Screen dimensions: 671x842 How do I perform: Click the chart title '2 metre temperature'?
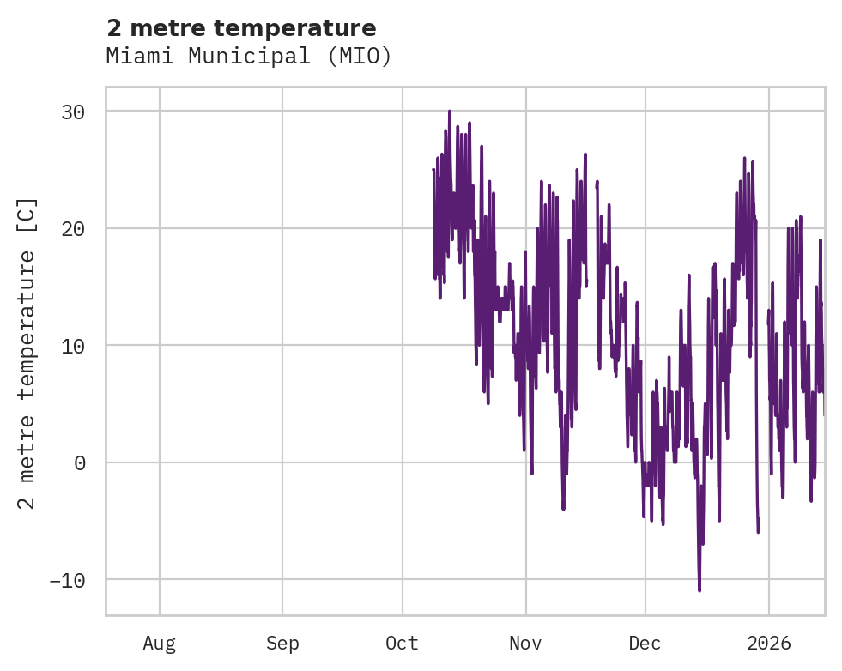point(241,28)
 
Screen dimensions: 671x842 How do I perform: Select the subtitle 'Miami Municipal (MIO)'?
point(249,56)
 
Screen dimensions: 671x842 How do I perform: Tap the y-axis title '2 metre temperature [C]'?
point(27,353)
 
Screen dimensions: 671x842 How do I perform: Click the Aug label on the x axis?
point(160,642)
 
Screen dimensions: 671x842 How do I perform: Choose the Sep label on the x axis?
point(282,642)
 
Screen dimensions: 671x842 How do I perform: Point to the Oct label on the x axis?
point(403,642)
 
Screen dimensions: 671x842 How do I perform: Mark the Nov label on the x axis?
point(525,642)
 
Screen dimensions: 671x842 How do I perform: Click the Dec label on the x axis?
point(645,642)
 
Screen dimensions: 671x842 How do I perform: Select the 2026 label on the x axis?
point(769,642)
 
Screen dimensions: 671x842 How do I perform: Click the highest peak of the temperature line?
point(449,112)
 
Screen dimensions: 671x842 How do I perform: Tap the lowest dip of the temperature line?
point(700,590)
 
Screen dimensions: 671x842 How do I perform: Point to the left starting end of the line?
point(433,170)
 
